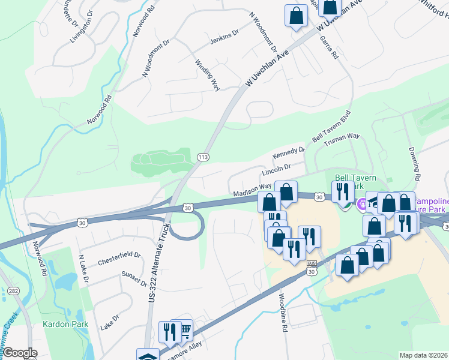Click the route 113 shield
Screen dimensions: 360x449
tap(203, 157)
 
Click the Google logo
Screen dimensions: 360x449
tap(20, 353)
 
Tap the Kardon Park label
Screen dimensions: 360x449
tap(65, 325)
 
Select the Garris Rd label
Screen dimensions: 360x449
tap(330, 47)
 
